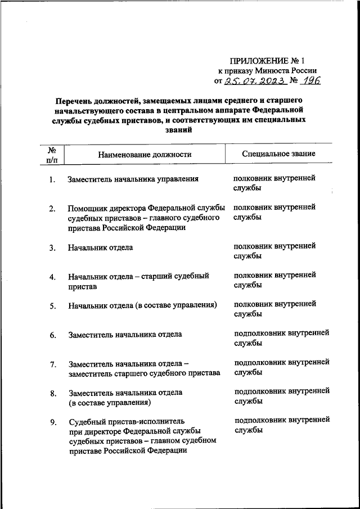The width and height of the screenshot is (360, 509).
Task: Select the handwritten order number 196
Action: pyautogui.click(x=310, y=81)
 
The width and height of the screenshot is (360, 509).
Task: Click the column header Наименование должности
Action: pyautogui.click(x=145, y=154)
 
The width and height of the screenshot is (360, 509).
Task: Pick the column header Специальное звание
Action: pyautogui.click(x=278, y=154)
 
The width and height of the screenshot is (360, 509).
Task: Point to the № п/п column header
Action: pyautogui.click(x=52, y=154)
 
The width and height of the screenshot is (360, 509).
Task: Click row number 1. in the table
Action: pyautogui.click(x=52, y=180)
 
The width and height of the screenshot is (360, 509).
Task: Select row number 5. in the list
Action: pyautogui.click(x=52, y=307)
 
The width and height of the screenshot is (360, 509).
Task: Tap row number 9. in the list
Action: pyautogui.click(x=52, y=422)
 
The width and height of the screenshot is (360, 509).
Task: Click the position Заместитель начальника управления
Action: pyautogui.click(x=133, y=179)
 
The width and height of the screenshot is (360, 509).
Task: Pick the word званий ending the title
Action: pyautogui.click(x=180, y=129)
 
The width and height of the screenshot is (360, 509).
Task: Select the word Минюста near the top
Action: pyautogui.click(x=273, y=71)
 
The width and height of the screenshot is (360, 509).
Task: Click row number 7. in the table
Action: pyautogui.click(x=52, y=364)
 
